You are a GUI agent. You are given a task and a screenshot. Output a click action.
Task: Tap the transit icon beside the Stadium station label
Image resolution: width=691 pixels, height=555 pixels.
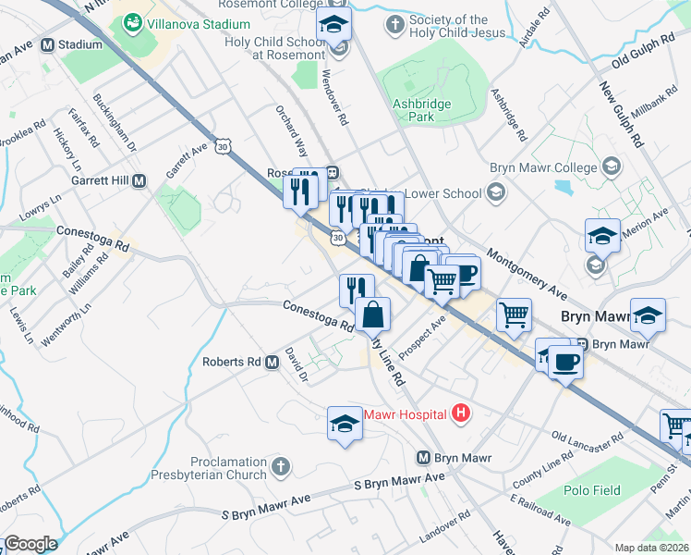point(46,43)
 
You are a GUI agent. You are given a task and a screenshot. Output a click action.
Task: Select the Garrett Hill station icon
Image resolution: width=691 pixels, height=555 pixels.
point(139,181)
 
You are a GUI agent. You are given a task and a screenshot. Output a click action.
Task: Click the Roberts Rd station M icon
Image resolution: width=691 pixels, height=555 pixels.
point(273,362)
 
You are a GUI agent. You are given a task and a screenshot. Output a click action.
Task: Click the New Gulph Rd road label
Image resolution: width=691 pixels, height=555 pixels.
point(621,114)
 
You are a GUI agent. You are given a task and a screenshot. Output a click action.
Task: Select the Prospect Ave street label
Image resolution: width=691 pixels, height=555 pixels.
point(423,326)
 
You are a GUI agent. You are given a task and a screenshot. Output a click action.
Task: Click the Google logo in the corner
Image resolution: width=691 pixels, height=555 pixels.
point(30,544)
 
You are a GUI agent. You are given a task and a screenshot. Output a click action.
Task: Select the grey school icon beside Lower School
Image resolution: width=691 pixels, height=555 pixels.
point(496,193)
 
